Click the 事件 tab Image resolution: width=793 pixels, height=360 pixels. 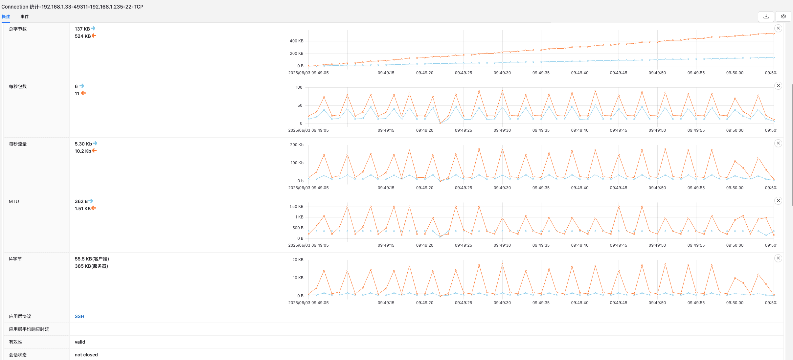[x=25, y=16]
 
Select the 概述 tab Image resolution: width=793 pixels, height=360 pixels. [x=6, y=16]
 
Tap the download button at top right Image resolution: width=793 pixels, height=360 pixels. [x=766, y=16]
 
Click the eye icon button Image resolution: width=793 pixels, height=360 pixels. [x=783, y=16]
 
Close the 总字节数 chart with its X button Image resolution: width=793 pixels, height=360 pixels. [x=778, y=28]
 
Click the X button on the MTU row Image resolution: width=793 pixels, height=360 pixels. [x=778, y=201]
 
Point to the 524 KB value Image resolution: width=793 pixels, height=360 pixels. [x=83, y=36]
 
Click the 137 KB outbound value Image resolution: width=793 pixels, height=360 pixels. [x=82, y=29]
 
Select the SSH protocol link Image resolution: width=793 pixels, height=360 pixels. [x=79, y=316]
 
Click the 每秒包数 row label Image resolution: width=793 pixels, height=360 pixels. [x=18, y=86]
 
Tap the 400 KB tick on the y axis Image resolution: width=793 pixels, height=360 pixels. [x=297, y=41]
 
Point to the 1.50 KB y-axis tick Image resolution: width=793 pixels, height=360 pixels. [x=297, y=207]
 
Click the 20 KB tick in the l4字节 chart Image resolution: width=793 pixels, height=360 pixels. [x=298, y=260]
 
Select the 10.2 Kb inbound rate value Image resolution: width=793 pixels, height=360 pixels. [x=83, y=151]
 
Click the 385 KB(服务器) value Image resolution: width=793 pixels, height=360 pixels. [x=91, y=266]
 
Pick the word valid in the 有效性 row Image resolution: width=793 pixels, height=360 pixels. [x=80, y=342]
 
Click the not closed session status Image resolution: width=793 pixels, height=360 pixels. [x=86, y=355]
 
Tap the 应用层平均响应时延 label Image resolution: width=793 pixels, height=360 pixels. [x=29, y=329]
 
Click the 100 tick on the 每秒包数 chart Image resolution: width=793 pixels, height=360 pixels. [x=299, y=87]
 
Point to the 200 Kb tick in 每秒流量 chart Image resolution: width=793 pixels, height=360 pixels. [x=297, y=145]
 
